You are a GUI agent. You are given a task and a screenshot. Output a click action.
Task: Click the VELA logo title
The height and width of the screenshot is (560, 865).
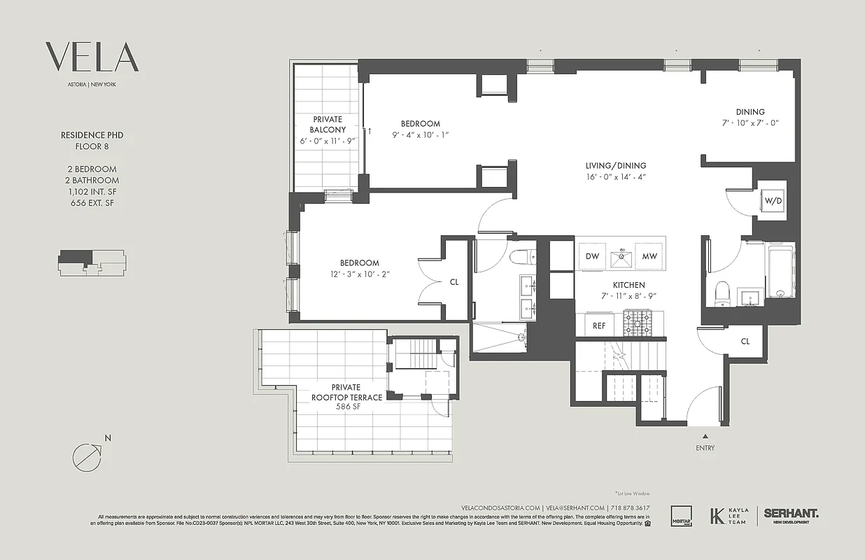click(92, 57)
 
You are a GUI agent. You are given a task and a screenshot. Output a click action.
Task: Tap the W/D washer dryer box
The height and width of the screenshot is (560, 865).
click(773, 202)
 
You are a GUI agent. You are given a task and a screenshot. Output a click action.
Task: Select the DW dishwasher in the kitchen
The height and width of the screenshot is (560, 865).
click(592, 257)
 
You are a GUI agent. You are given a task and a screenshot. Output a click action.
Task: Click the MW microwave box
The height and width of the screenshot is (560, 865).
click(649, 257)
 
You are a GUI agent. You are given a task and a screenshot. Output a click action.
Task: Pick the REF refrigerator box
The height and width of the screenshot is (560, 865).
click(599, 325)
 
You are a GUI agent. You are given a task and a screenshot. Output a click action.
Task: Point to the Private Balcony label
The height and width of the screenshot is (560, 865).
click(328, 125)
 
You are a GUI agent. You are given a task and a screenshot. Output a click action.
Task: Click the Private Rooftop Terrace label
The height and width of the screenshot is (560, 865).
click(346, 392)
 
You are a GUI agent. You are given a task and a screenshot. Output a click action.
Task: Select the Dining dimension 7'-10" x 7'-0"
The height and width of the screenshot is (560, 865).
click(750, 122)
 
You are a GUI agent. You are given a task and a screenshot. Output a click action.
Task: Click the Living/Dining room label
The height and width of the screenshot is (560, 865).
click(616, 166)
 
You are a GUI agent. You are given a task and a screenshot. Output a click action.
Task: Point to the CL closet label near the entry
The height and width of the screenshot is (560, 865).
click(745, 342)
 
